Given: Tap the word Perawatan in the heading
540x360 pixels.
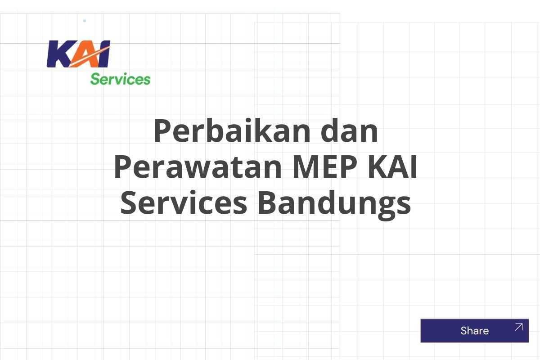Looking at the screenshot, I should tap(198, 166).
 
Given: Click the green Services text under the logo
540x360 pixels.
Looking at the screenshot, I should tap(120, 79).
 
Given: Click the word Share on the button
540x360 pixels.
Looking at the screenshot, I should tap(474, 331).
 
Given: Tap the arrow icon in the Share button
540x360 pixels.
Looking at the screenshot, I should tap(518, 327).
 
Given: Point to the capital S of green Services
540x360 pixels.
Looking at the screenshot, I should tap(94, 79).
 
